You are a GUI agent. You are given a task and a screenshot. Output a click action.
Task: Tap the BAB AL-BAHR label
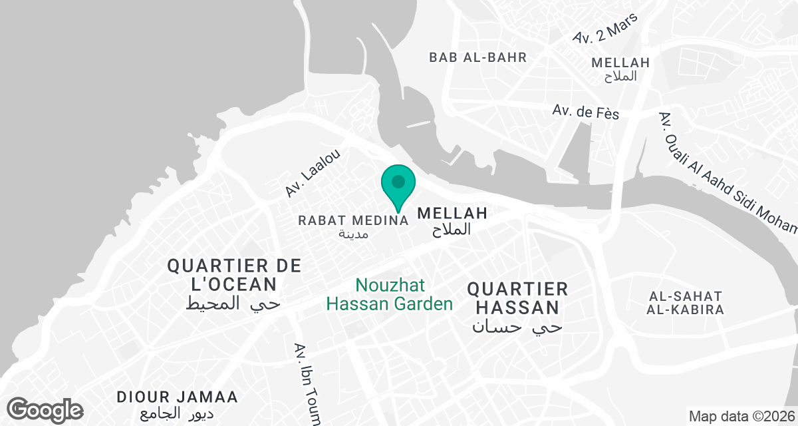[x=477, y=57]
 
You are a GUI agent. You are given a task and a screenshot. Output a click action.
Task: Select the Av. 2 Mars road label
[x=604, y=29]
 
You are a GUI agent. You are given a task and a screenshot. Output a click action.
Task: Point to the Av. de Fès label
[x=585, y=112]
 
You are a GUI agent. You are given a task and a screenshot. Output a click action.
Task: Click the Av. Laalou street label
[x=313, y=173]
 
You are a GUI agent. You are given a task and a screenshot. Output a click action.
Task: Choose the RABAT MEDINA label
[x=353, y=220]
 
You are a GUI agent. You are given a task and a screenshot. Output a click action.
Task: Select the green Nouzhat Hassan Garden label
[x=390, y=295]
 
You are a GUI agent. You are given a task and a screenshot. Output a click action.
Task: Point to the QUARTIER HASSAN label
[x=517, y=298]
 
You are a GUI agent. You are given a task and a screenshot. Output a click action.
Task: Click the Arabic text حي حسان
[x=517, y=327]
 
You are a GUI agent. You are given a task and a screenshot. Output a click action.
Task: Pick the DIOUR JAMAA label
[x=177, y=397]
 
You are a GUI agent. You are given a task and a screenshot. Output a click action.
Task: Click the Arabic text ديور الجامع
[x=177, y=413]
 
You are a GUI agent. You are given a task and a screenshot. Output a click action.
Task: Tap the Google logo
[x=45, y=409]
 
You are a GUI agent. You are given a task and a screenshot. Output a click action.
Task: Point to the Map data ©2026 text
[x=741, y=417]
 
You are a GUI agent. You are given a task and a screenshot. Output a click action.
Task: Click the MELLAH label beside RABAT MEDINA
[x=452, y=214]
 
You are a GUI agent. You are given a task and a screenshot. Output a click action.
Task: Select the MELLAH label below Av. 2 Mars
[x=620, y=63]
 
